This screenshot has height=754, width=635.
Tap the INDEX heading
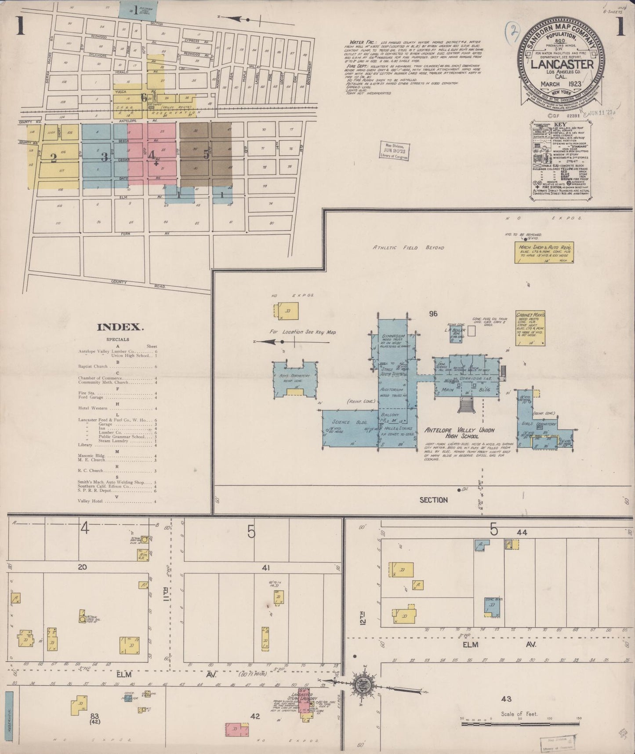(x=120, y=327)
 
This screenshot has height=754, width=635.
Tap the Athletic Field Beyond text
(x=408, y=248)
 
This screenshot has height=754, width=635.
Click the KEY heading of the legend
(x=561, y=125)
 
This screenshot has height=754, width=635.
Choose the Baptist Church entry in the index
(x=93, y=366)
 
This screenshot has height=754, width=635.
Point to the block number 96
(x=434, y=314)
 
